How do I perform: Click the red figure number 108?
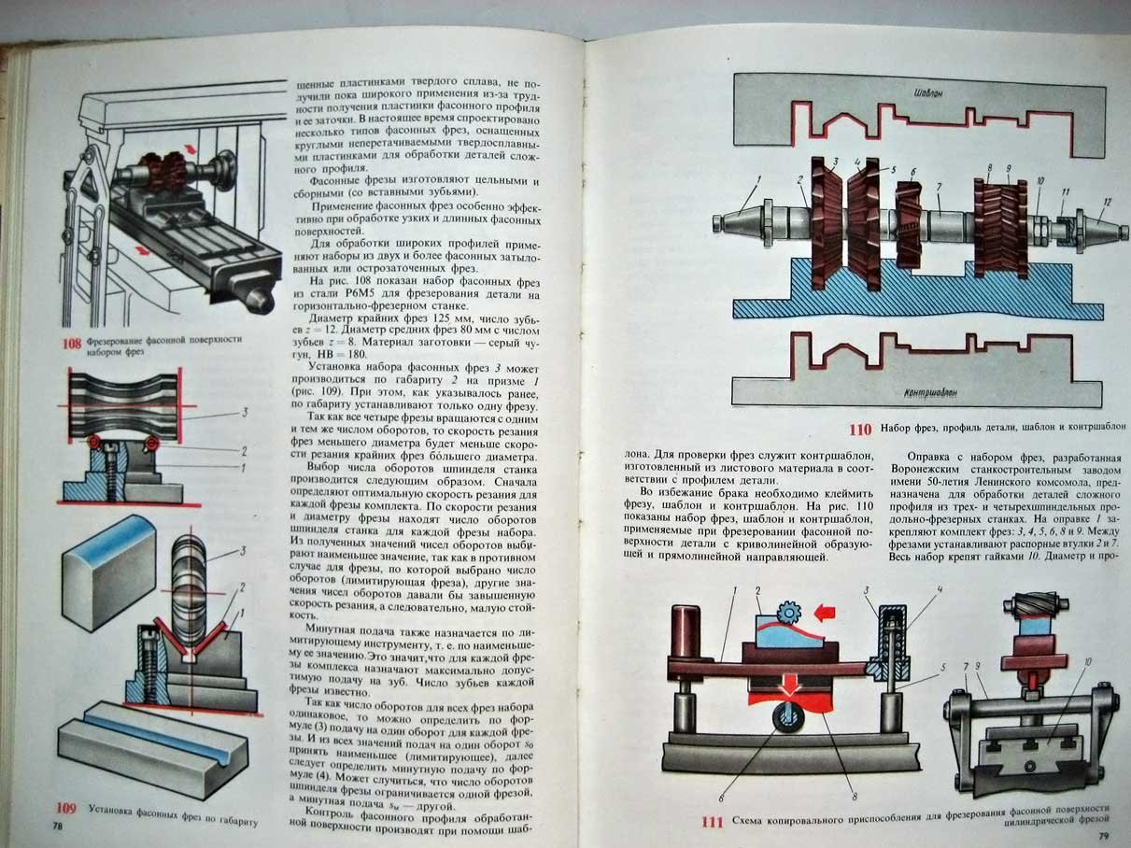click(x=72, y=344)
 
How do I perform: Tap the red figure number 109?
click(x=66, y=808)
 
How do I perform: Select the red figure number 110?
click(x=860, y=430)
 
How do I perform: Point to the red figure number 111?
click(x=713, y=822)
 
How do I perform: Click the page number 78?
click(x=58, y=827)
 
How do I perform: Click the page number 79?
click(x=1103, y=836)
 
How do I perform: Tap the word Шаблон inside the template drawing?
click(x=928, y=93)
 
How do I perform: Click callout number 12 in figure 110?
click(x=1108, y=203)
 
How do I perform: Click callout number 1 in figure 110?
click(x=759, y=179)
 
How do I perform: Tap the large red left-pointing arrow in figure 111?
click(x=824, y=614)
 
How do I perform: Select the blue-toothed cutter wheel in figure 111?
click(x=788, y=613)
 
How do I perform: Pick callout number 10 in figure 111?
click(x=1088, y=662)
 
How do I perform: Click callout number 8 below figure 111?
click(x=855, y=797)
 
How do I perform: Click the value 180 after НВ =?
click(x=357, y=355)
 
